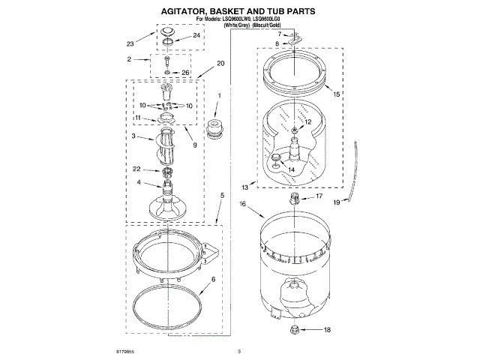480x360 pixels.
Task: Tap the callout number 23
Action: (129, 44)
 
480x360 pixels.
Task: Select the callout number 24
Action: (196, 35)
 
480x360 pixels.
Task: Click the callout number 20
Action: (220, 63)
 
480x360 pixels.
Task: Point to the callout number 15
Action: (337, 94)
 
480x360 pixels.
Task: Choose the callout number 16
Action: (243, 204)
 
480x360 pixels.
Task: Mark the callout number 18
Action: (326, 329)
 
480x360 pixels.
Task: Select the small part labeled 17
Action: (294, 198)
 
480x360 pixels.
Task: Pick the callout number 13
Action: (244, 187)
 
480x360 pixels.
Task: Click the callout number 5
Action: (222, 195)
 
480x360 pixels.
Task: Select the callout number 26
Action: (186, 73)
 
